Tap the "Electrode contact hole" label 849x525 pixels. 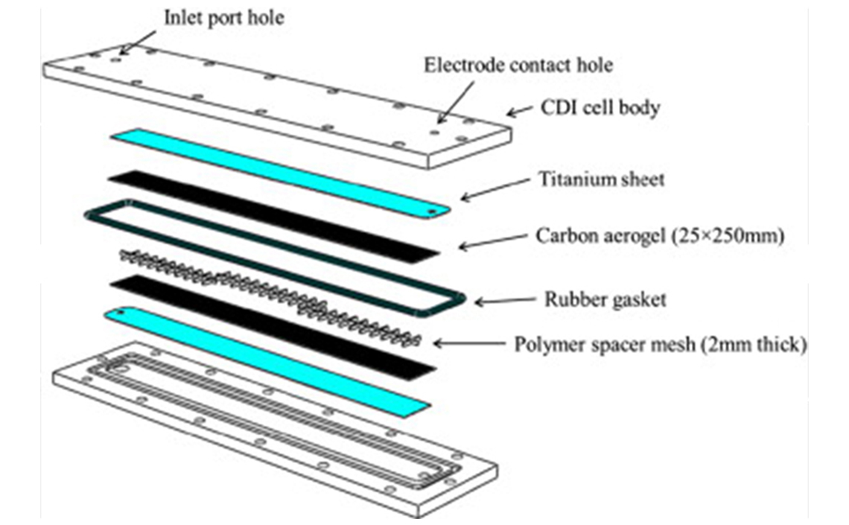click(x=518, y=65)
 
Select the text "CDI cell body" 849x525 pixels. click(x=600, y=108)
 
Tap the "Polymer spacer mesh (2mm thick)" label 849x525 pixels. click(x=660, y=345)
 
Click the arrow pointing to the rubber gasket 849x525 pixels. click(x=507, y=301)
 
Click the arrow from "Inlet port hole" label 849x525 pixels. click(x=137, y=42)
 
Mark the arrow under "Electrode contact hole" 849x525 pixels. click(x=456, y=101)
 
